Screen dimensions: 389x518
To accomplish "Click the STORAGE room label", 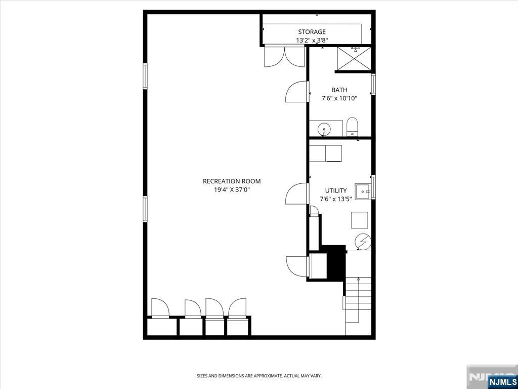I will pyautogui.click(x=312, y=32).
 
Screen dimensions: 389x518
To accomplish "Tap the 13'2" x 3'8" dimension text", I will pyautogui.click(x=312, y=40).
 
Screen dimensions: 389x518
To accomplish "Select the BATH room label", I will pyautogui.click(x=339, y=90).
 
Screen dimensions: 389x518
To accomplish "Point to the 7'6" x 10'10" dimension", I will pyautogui.click(x=339, y=99).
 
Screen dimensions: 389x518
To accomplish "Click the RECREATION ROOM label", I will pyautogui.click(x=232, y=181).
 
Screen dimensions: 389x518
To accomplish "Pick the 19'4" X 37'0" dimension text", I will pyautogui.click(x=232, y=190).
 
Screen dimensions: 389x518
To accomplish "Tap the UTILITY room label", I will pyautogui.click(x=336, y=190).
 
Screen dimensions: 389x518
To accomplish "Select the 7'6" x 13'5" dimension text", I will pyautogui.click(x=336, y=199).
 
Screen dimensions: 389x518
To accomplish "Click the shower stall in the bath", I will pyautogui.click(x=354, y=59).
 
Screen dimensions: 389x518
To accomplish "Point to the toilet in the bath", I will pyautogui.click(x=352, y=127).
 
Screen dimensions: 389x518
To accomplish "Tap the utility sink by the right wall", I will pyautogui.click(x=363, y=191).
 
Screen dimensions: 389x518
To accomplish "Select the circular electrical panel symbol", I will pyautogui.click(x=363, y=242).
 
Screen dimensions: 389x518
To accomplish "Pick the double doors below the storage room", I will pyautogui.click(x=284, y=56).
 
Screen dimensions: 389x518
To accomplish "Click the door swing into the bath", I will pyautogui.click(x=296, y=93).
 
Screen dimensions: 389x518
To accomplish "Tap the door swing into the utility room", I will pyautogui.click(x=297, y=194).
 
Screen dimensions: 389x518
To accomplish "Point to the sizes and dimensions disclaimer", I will pyautogui.click(x=259, y=376).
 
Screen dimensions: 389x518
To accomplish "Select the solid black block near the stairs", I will pyautogui.click(x=335, y=262).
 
